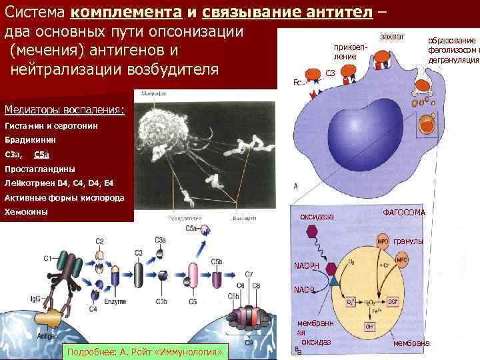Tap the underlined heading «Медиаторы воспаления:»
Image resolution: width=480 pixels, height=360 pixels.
click(x=64, y=109)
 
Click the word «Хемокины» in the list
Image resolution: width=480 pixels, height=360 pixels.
click(x=27, y=212)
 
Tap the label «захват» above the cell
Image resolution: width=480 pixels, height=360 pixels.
click(x=389, y=35)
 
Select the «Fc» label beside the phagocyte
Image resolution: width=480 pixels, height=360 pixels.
click(x=297, y=83)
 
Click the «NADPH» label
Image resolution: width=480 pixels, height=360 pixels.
click(x=307, y=266)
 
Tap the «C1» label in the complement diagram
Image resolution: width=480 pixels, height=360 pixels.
click(x=48, y=257)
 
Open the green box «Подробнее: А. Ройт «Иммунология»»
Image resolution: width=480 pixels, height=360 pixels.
click(x=145, y=351)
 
